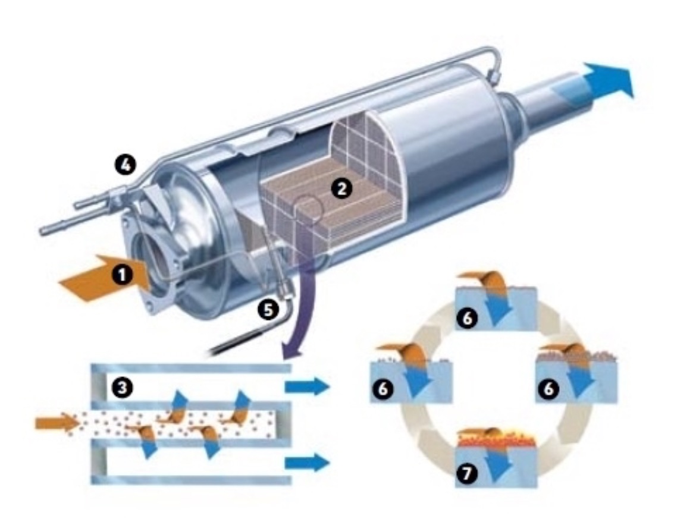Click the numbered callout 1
pyautogui.click(x=122, y=275)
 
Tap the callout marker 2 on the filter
pyautogui.click(x=341, y=189)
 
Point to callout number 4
pyautogui.click(x=126, y=165)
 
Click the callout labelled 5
pyautogui.click(x=268, y=309)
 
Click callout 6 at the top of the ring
pyautogui.click(x=467, y=317)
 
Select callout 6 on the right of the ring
pyautogui.click(x=548, y=388)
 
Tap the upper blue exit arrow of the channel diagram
pyautogui.click(x=308, y=386)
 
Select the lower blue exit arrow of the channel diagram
pyautogui.click(x=308, y=463)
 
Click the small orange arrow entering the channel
pyautogui.click(x=56, y=423)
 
